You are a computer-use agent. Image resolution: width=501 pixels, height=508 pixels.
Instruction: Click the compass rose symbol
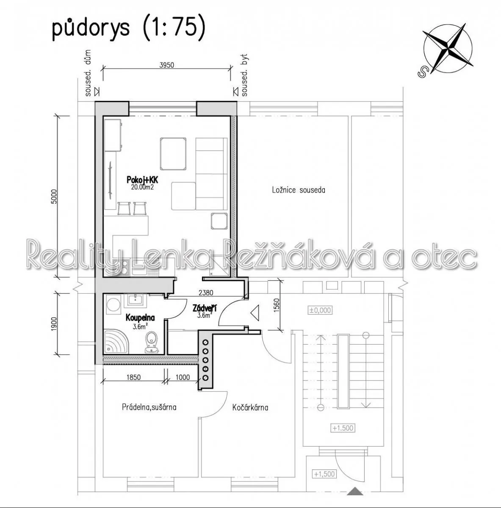[448, 49]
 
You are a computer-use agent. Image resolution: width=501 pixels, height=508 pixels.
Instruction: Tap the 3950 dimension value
[167, 65]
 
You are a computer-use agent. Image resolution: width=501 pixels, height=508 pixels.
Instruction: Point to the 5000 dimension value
[54, 196]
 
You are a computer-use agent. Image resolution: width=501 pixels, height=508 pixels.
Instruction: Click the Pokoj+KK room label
[142, 180]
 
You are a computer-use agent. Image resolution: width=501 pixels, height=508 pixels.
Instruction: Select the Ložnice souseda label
[299, 190]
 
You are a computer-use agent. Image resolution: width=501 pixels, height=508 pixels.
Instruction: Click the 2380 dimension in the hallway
[206, 293]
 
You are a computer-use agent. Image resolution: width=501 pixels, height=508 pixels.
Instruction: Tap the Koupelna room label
[140, 317]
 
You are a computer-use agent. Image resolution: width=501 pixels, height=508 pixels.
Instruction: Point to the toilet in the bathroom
[152, 342]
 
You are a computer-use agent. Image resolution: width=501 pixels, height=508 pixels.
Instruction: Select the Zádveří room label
[205, 308]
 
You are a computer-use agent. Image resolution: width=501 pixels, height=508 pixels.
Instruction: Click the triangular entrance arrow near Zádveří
[255, 313]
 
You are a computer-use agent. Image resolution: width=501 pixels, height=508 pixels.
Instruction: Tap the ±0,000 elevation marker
[320, 310]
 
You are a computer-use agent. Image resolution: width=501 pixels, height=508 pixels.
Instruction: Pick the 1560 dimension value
[276, 305]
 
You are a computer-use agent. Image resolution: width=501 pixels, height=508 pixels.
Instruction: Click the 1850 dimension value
[133, 377]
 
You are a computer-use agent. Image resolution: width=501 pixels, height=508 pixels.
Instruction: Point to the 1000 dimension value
[183, 377]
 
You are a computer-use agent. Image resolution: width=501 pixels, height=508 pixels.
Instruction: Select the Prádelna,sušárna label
[149, 407]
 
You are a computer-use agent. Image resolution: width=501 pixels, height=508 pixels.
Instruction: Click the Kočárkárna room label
[250, 408]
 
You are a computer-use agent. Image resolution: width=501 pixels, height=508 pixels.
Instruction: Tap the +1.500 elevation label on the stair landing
[343, 428]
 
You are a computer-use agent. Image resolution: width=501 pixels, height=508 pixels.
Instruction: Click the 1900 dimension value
[54, 324]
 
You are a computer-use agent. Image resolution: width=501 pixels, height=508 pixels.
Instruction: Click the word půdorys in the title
[91, 29]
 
